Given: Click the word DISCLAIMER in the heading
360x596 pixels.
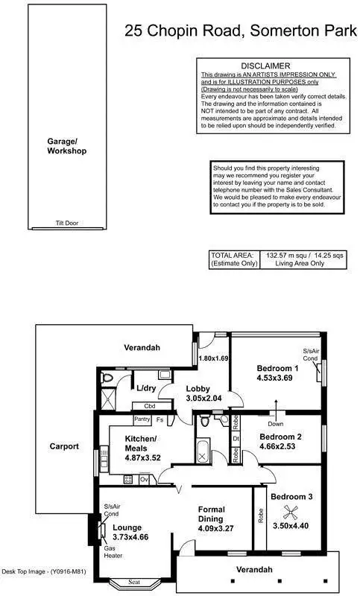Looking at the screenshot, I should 265,66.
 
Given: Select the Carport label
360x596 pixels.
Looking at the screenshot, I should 64,447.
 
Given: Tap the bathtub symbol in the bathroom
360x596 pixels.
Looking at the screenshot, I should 203,452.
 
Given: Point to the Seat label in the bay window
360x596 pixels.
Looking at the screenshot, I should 133,582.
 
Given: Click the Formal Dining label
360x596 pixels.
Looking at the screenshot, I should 217,514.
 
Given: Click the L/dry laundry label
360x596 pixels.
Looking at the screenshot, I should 145,388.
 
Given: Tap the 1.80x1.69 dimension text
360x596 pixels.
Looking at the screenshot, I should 213,358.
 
